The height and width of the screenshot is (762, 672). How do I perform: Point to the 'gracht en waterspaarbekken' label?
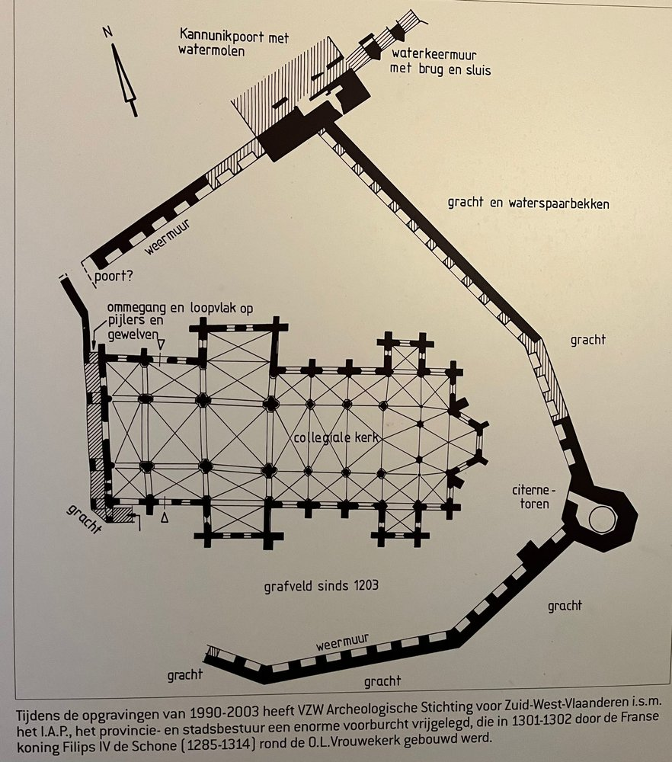pyautogui.click(x=528, y=203)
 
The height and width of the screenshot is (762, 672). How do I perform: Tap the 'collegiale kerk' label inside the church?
pyautogui.click(x=336, y=438)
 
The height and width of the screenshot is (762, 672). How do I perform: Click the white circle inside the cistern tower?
pyautogui.click(x=601, y=519)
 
